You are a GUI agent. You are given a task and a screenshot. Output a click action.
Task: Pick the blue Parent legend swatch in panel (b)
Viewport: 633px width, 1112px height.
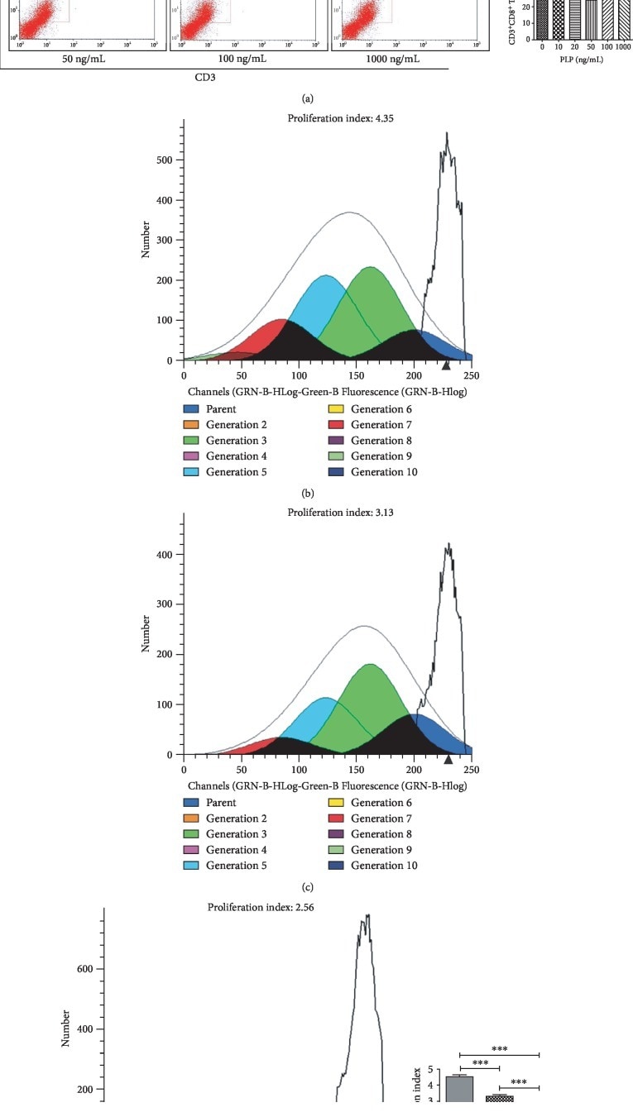(x=191, y=409)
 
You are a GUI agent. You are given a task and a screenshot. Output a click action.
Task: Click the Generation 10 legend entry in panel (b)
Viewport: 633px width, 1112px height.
(x=384, y=472)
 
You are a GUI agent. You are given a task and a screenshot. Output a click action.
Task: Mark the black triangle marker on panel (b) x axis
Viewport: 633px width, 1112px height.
(x=446, y=365)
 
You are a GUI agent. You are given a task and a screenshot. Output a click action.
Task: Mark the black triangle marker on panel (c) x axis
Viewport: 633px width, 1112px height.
(x=448, y=759)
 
